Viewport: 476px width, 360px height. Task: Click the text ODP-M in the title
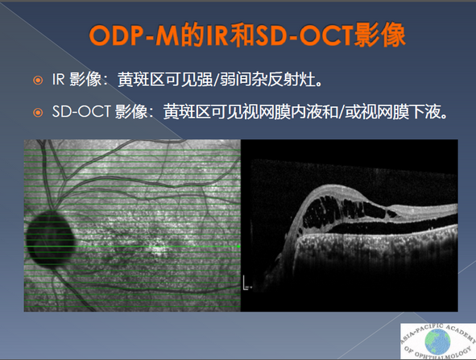pyautogui.click(x=135, y=35)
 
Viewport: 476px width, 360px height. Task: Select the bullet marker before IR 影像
pyautogui.click(x=38, y=81)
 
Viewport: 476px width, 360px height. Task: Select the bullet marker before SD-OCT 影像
pyautogui.click(x=38, y=113)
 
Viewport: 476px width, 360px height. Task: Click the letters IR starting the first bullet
pyautogui.click(x=58, y=80)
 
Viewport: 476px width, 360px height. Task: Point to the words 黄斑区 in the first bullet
pyautogui.click(x=141, y=80)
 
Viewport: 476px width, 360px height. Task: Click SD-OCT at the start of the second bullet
pyautogui.click(x=81, y=112)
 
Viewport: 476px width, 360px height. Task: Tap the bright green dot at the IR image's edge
pyautogui.click(x=238, y=246)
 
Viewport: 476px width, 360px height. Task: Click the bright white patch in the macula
pyautogui.click(x=158, y=250)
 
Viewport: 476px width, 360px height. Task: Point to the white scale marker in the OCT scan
pyautogui.click(x=246, y=283)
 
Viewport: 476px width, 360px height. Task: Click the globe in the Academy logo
pyautogui.click(x=438, y=341)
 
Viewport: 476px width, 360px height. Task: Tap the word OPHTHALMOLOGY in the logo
pyautogui.click(x=442, y=354)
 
